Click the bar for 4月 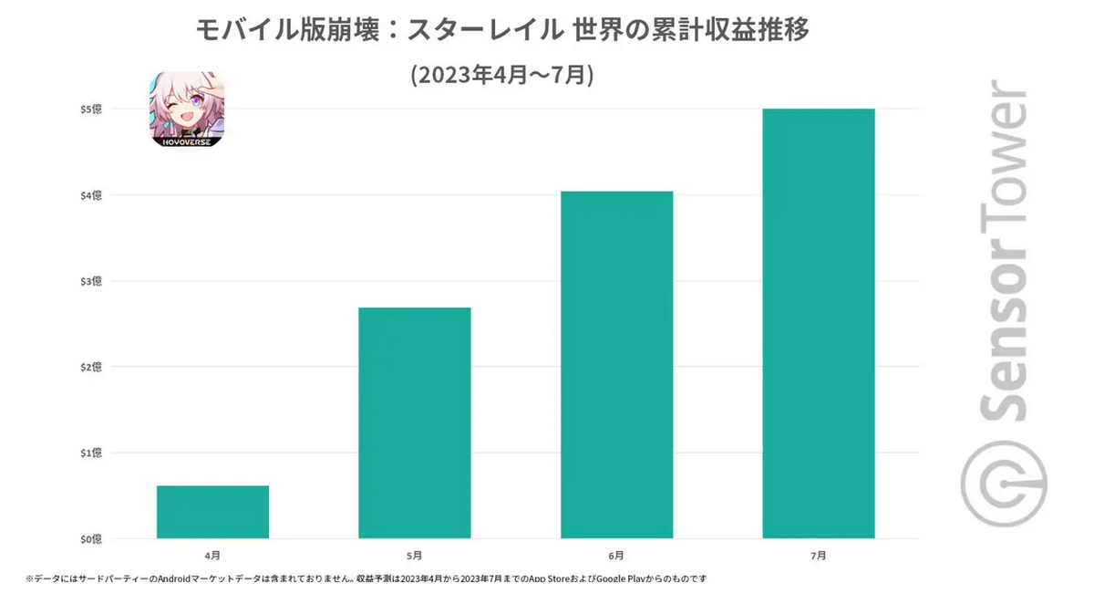pos(212,512)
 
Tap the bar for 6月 pos(616,365)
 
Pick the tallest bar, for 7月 pos(819,323)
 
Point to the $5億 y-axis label pos(90,109)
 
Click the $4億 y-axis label pos(90,195)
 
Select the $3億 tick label pos(90,281)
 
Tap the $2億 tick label pos(90,367)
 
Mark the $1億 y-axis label pos(90,453)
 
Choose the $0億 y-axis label pos(90,538)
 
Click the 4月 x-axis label pos(212,555)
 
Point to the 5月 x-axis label pos(415,555)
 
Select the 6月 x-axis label pos(616,555)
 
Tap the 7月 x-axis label pos(819,555)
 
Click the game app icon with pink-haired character pos(187,109)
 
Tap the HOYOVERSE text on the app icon pos(187,141)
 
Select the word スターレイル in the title pos(484,30)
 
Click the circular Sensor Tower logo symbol pos(1004,483)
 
